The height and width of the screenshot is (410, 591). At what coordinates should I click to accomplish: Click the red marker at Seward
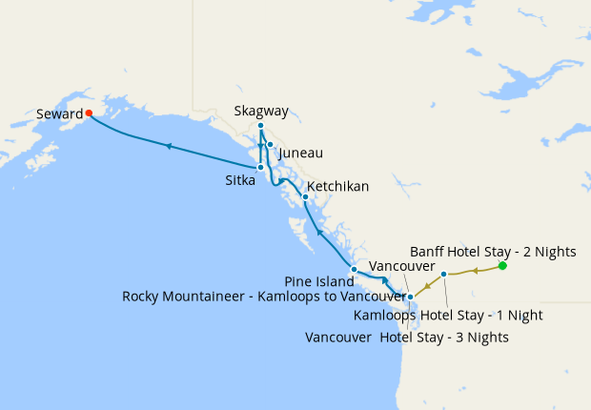[89, 113]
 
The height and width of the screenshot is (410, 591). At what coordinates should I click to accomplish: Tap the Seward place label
[59, 113]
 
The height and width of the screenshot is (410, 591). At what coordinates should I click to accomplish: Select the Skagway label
[261, 111]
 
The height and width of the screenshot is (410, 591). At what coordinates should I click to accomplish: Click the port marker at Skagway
[260, 126]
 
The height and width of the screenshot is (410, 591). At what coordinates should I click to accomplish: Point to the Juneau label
[301, 153]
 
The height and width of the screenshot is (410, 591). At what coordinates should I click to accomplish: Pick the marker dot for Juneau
[271, 145]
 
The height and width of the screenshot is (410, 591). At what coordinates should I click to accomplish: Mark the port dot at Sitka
[260, 167]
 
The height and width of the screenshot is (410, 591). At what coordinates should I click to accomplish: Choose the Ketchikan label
[337, 186]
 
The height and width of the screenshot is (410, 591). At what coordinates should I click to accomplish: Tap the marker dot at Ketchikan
[305, 197]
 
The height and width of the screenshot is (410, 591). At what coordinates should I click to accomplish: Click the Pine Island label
[318, 281]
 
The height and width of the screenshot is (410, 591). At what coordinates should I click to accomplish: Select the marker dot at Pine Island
[354, 269]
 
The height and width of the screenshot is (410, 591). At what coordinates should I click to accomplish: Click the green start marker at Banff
[502, 266]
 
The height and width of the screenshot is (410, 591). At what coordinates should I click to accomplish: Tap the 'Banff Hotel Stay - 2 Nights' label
[493, 252]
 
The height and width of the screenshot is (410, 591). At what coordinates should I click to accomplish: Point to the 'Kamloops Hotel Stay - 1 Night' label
[461, 315]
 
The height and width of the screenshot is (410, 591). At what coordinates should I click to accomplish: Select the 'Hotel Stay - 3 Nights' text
[443, 337]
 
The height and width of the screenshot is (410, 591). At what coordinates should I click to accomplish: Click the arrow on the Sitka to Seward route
[169, 146]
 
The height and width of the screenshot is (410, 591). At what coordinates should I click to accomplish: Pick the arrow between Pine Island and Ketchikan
[318, 231]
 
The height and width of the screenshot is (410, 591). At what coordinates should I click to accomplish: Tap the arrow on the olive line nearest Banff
[475, 271]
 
